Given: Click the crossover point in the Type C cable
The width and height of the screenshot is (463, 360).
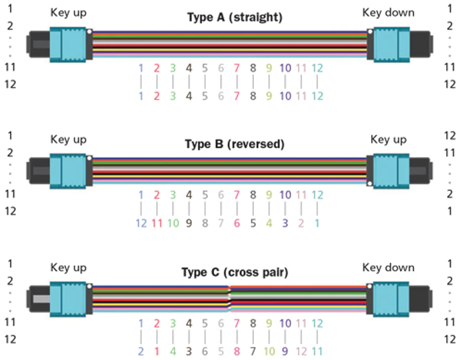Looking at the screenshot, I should (x=230, y=299).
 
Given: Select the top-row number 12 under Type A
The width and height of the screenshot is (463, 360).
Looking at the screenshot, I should (x=317, y=68).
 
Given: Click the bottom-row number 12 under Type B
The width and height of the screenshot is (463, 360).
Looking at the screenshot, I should (x=141, y=223).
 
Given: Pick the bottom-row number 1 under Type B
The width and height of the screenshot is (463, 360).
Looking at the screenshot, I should (x=317, y=223).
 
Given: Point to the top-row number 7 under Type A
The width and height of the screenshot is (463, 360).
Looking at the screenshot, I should (x=237, y=68).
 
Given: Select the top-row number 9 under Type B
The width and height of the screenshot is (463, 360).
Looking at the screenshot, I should (x=269, y=194).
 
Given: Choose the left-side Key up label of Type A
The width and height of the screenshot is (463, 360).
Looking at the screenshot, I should (x=68, y=13).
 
